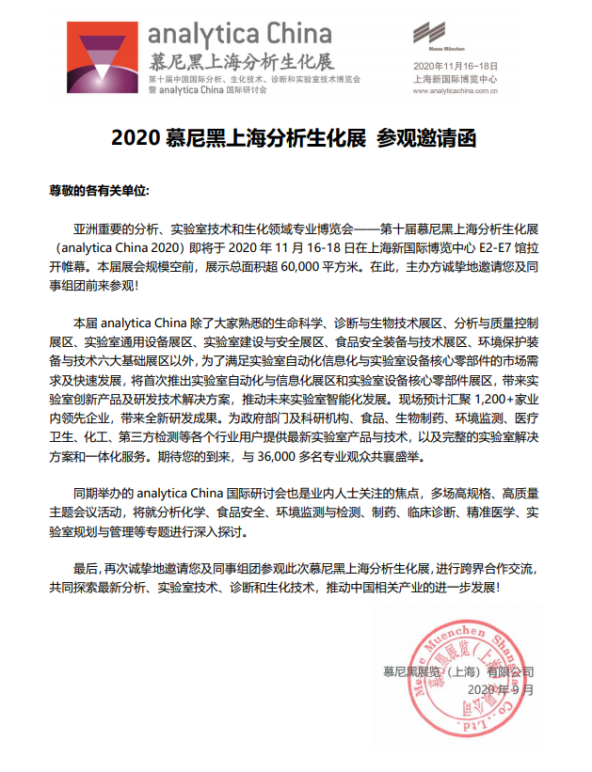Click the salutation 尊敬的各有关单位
click(98, 190)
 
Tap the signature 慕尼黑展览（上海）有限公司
click(457, 671)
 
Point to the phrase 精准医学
click(467, 512)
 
